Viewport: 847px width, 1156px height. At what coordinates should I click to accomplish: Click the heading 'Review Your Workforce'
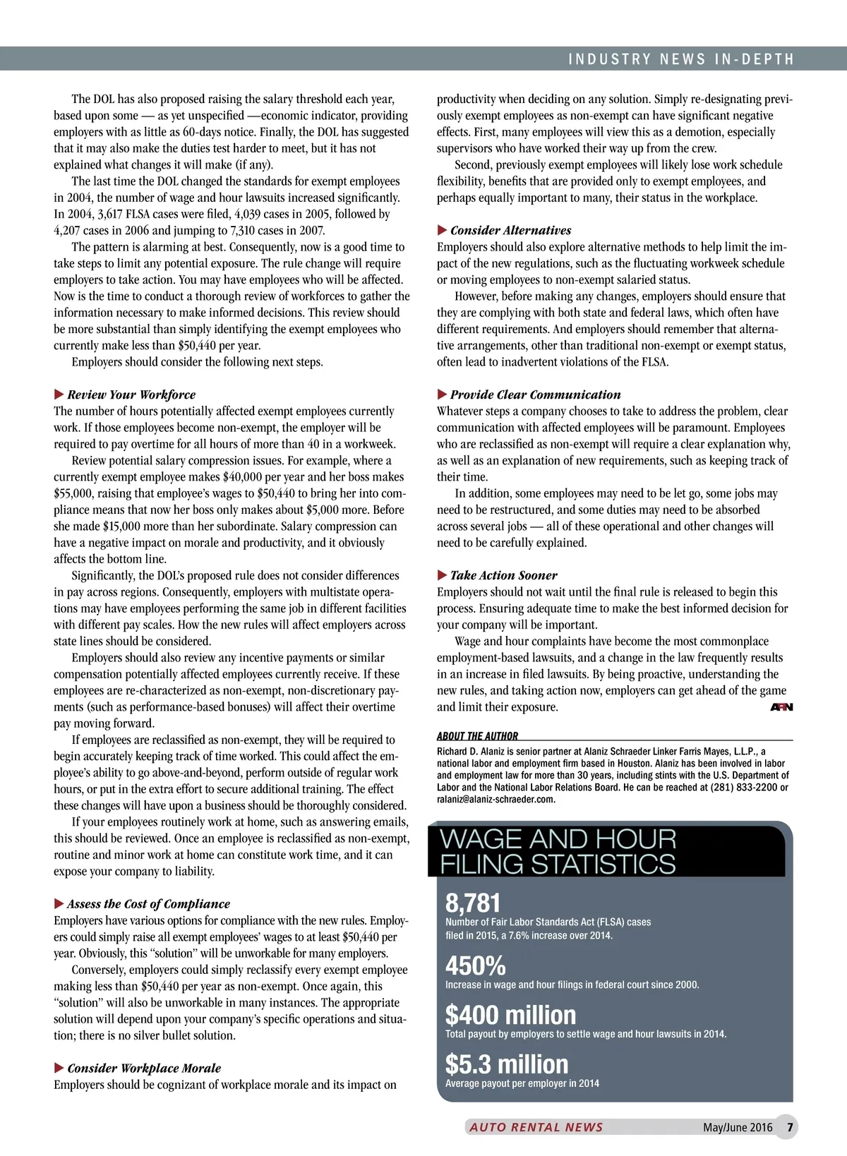coord(131,395)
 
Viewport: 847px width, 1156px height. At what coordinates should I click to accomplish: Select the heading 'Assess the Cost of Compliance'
coord(148,904)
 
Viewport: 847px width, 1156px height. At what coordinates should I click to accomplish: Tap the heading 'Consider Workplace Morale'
coord(144,1068)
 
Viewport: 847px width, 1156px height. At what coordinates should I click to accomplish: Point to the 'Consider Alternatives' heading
coord(510,230)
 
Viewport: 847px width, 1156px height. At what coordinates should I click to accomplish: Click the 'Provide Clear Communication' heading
coord(535,395)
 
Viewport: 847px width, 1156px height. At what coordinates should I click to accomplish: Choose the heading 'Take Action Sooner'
coord(503,575)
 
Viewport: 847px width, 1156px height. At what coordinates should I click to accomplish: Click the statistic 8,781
coord(473,903)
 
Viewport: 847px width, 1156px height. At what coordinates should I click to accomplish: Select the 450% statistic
coord(475,965)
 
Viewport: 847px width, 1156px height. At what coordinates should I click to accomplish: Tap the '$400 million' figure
coord(510,1015)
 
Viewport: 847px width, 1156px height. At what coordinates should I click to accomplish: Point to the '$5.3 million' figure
coord(506,1064)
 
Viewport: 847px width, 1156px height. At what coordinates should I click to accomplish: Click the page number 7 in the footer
coord(790,1127)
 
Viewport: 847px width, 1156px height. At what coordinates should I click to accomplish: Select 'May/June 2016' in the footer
coord(738,1127)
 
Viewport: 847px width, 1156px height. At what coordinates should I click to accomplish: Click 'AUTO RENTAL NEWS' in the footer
coord(536,1127)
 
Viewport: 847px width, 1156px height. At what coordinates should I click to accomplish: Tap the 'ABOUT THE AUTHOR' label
coord(477,736)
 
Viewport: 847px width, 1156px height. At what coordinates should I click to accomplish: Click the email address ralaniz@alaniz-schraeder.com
coord(495,800)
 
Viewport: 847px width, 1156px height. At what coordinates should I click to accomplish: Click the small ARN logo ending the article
coord(781,707)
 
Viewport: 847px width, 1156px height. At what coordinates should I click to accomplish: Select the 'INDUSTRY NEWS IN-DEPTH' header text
coord(681,59)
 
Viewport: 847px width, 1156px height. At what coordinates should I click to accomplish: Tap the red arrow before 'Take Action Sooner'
coord(442,575)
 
